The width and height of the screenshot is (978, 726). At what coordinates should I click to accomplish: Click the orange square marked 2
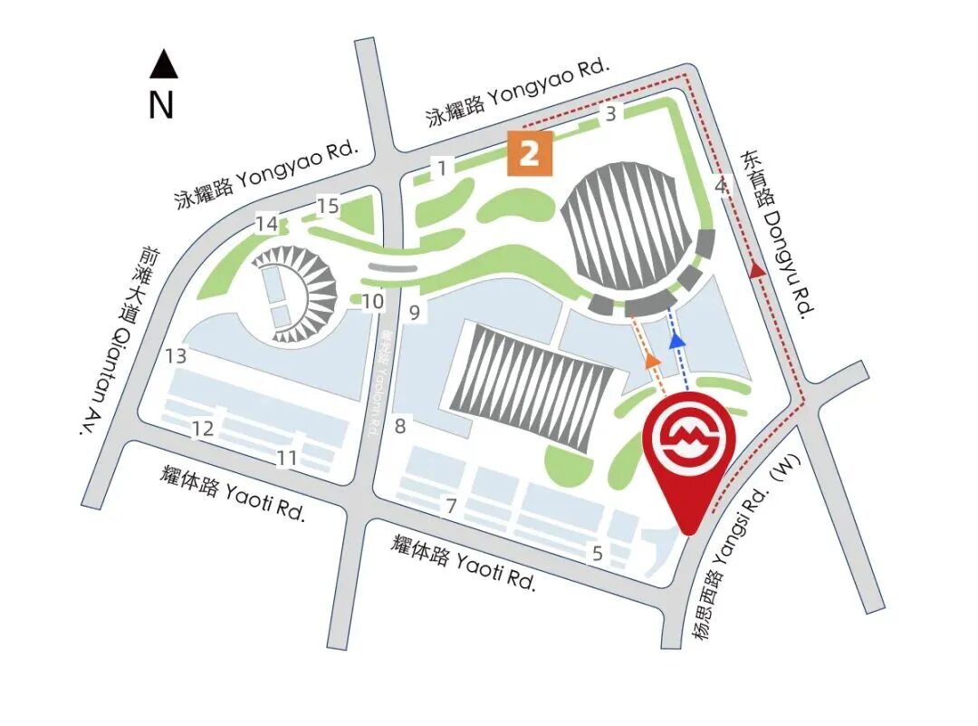pos(531,152)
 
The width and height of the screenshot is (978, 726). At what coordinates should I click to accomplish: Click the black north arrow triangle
pos(163,64)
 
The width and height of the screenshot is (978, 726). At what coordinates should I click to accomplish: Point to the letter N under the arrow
pos(161,106)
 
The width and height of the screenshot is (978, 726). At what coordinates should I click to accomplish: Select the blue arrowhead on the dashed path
pos(675,340)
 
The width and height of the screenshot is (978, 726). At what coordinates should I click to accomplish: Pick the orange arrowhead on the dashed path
pos(651,360)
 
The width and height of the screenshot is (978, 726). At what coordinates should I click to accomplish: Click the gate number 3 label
pos(611,114)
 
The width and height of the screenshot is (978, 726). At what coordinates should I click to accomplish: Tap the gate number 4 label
pos(721,186)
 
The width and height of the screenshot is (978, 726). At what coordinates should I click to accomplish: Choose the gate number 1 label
pos(442,168)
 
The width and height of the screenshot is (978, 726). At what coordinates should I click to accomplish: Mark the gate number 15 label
pos(328,207)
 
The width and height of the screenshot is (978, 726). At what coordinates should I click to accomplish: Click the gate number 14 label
pos(266,223)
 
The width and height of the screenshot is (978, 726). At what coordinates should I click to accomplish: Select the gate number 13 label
pos(176,356)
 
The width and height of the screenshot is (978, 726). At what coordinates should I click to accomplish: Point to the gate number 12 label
pos(204,428)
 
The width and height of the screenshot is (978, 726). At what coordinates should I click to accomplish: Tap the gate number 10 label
pos(373,302)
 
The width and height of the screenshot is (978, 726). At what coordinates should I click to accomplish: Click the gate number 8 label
pos(400,424)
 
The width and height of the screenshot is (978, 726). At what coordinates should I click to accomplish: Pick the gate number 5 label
pos(597,553)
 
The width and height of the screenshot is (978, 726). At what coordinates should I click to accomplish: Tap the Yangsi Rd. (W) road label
pos(742,563)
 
